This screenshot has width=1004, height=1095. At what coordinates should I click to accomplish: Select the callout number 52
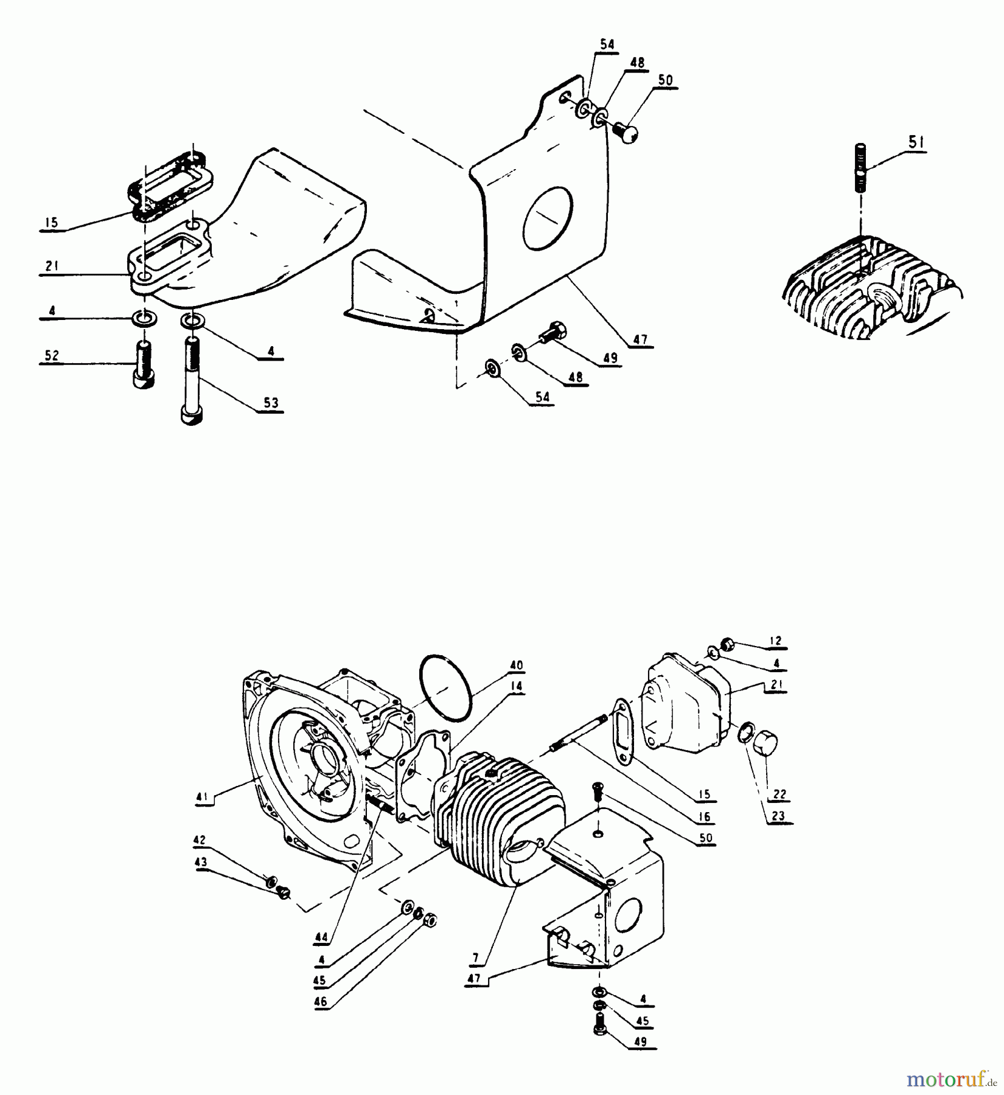click(x=52, y=355)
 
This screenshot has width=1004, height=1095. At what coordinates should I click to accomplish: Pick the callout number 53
click(x=271, y=403)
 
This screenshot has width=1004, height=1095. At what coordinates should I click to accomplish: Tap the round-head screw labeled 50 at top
click(x=627, y=131)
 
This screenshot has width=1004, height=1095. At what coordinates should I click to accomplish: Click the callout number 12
click(x=775, y=641)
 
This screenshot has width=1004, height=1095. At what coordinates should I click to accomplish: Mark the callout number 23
click(x=778, y=816)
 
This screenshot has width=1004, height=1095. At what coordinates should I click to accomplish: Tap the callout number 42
click(x=200, y=841)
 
